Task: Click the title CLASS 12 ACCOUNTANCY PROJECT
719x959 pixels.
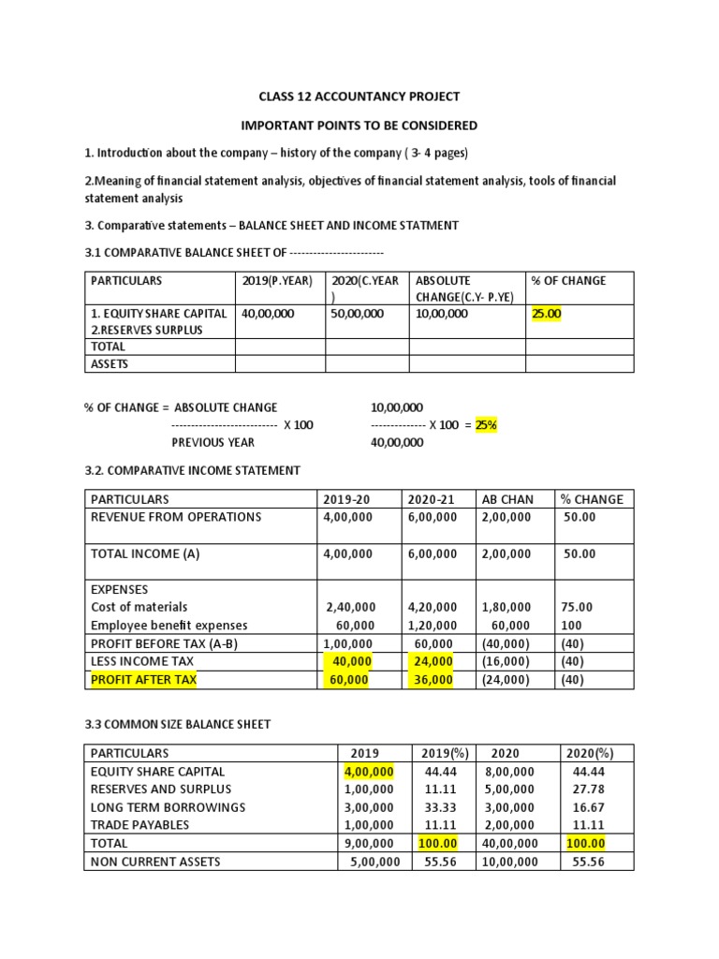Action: coord(359,96)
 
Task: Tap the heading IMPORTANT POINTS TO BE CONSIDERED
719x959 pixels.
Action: coord(359,125)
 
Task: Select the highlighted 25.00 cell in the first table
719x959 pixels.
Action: coord(546,315)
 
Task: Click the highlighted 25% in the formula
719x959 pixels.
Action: coord(486,424)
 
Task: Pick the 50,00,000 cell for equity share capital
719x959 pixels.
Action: coord(357,315)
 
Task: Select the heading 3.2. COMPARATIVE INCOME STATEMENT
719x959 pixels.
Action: coord(193,470)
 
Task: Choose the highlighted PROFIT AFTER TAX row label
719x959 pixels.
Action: coord(143,680)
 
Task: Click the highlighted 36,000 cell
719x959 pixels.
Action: coord(433,680)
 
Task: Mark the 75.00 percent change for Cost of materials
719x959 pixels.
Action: coord(576,608)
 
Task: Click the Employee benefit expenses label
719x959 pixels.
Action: coord(169,626)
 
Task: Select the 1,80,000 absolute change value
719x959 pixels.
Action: coord(506,608)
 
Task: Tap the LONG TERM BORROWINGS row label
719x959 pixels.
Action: coord(168,807)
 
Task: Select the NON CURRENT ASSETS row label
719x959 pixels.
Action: coord(155,862)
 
